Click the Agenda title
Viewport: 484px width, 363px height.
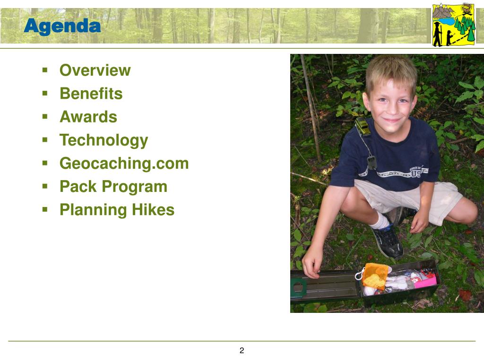pyautogui.click(x=62, y=26)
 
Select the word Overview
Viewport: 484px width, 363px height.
pyautogui.click(x=95, y=70)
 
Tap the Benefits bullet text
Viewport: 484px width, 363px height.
pyautogui.click(x=91, y=93)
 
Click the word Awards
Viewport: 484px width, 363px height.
pyautogui.click(x=88, y=117)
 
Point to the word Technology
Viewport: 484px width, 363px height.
pyautogui.click(x=104, y=140)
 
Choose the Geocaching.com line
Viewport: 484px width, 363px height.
pyautogui.click(x=124, y=163)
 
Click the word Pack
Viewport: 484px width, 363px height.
pyautogui.click(x=78, y=186)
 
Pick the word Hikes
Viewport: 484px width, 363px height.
pyautogui.click(x=153, y=209)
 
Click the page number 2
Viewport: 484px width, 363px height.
pyautogui.click(x=242, y=350)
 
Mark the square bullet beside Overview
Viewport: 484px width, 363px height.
pyautogui.click(x=45, y=70)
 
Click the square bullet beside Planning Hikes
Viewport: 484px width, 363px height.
pyautogui.click(x=45, y=210)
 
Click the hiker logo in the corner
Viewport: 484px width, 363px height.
pyautogui.click(x=454, y=25)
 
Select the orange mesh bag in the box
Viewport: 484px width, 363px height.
pyautogui.click(x=375, y=276)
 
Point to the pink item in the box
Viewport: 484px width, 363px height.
pyautogui.click(x=425, y=282)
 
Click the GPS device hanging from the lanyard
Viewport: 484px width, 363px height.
pyautogui.click(x=372, y=163)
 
